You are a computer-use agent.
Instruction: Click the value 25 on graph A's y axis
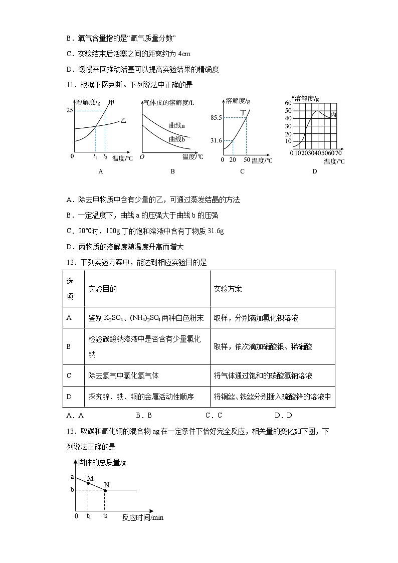[x=69, y=110]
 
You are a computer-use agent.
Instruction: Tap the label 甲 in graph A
[x=111, y=102]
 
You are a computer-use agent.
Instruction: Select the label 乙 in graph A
[x=123, y=120]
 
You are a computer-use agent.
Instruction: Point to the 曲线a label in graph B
[x=177, y=125]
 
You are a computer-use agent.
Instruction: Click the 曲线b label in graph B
[x=177, y=139]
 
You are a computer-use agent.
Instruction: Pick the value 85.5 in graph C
[x=217, y=118]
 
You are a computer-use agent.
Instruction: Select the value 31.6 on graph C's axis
[x=217, y=141]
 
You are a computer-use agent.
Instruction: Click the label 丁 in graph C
[x=243, y=113]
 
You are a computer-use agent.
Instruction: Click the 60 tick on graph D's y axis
[x=288, y=103]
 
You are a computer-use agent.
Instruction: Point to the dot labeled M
[x=88, y=483]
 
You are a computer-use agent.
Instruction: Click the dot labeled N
[x=105, y=490]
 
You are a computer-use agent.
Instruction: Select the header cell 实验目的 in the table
[x=103, y=289]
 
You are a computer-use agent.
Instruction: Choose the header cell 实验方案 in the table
[x=228, y=289]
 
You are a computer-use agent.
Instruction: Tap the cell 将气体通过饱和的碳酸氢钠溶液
[x=263, y=376]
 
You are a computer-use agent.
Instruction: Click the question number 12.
[x=71, y=262]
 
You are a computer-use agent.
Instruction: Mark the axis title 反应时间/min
[x=143, y=517]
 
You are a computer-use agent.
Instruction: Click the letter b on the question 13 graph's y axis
[x=72, y=490]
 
